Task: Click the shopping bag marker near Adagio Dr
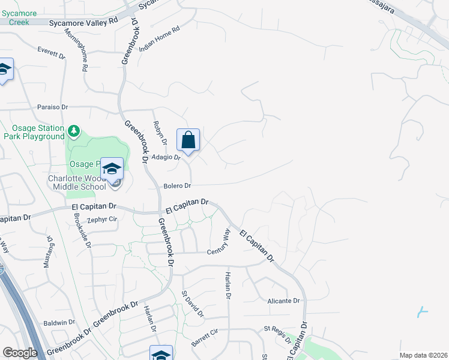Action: click(188, 141)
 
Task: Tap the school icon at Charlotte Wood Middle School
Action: click(112, 170)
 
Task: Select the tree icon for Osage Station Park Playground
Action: click(73, 130)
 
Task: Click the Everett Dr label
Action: click(51, 52)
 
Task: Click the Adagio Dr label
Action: click(166, 157)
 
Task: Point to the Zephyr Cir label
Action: click(101, 220)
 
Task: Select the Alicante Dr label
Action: click(283, 301)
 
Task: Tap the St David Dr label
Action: click(193, 304)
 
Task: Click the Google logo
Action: click(19, 353)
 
